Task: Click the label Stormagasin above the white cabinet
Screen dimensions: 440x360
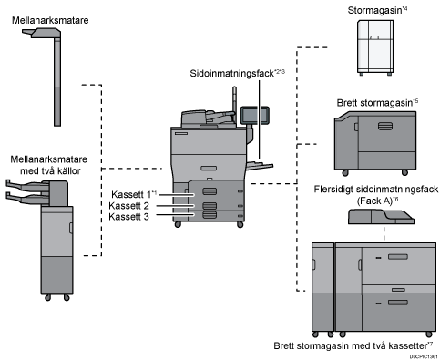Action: (374, 10)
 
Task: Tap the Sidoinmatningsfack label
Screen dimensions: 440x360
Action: (232, 73)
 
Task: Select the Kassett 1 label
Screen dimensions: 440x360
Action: (131, 194)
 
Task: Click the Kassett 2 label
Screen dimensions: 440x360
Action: (128, 206)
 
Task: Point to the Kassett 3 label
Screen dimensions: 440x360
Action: (128, 217)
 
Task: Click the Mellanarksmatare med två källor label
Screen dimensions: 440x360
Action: (49, 165)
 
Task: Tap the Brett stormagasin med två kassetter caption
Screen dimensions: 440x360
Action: (351, 345)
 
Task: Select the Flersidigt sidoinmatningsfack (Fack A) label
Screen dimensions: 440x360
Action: (376, 195)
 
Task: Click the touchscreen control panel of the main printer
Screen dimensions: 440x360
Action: (254, 115)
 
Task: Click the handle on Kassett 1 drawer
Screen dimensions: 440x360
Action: (210, 191)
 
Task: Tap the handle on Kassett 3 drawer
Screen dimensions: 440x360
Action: (210, 215)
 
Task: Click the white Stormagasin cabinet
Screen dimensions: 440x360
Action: (375, 47)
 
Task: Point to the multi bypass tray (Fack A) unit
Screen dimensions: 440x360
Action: (381, 217)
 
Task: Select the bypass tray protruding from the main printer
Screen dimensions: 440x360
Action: (260, 166)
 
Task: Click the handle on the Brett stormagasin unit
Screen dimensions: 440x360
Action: (385, 126)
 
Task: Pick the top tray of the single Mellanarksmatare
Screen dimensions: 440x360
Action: (42, 33)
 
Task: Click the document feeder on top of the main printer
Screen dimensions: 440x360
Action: (208, 118)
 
